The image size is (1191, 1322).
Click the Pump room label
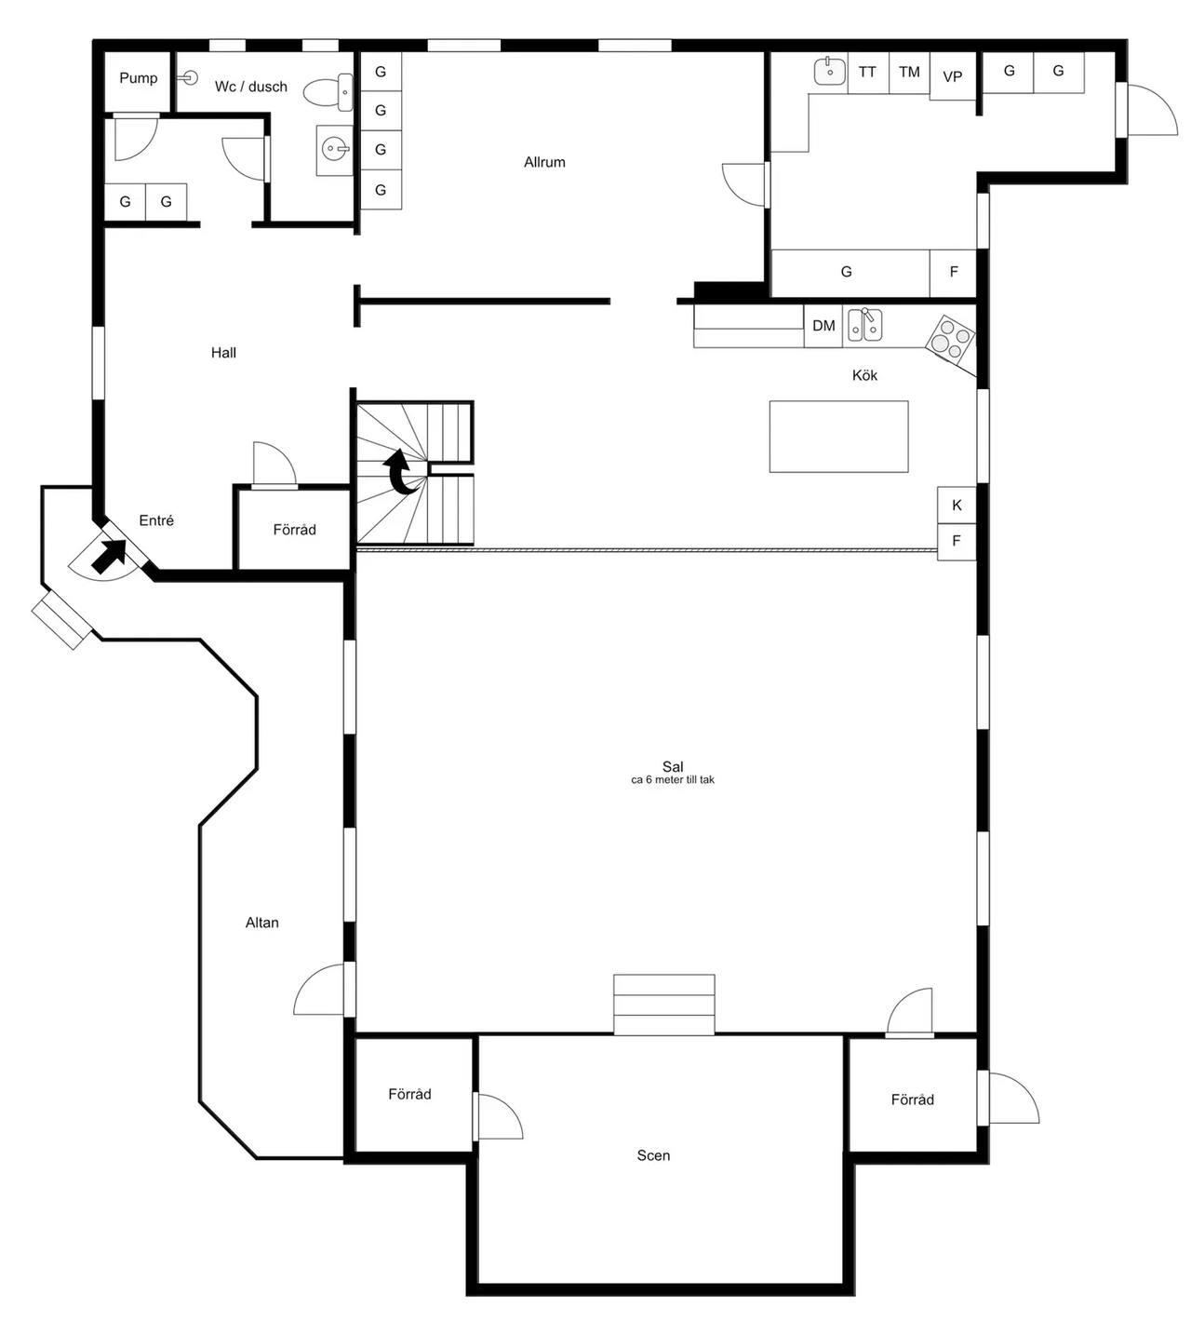pos(139,78)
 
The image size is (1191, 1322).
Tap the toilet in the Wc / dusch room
pos(328,92)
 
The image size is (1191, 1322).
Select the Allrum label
pos(544,162)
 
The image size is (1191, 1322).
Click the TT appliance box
pos(867,73)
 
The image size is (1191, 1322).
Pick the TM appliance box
pos(909,73)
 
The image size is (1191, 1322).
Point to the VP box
pos(953,76)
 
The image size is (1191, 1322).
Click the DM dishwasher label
pos(823,326)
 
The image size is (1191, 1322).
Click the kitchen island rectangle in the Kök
pos(838,437)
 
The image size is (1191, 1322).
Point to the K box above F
pos(957,506)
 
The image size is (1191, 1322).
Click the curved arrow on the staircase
pos(399,472)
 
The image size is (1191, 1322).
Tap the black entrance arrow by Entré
pos(109,556)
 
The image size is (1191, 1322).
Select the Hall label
pos(223,353)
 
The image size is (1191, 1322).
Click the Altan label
pos(262,923)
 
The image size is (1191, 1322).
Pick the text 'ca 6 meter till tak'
pos(673,779)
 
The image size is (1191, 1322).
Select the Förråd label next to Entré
pos(294,530)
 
